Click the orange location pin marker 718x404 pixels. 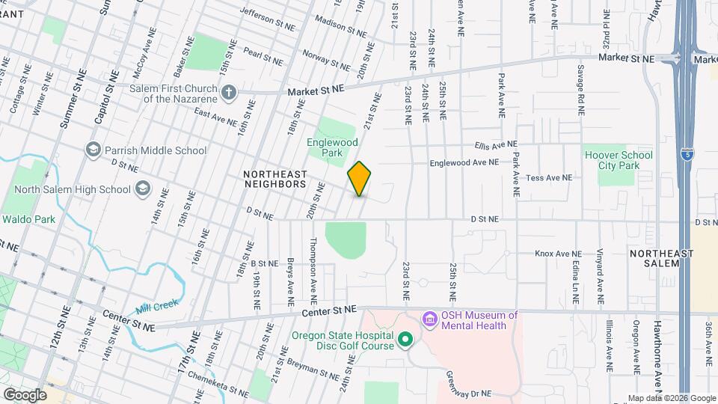tap(360, 179)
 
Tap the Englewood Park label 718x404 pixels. tap(333, 147)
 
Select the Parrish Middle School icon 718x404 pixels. tap(93, 150)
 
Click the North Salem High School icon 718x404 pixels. tap(142, 189)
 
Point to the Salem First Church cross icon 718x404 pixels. tap(230, 94)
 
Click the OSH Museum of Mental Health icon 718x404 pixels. tap(430, 320)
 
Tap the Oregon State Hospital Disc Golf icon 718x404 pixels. tap(405, 340)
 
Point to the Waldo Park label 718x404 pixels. tap(29, 219)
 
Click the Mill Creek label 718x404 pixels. tap(156, 307)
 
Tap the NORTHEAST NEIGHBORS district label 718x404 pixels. tap(275, 178)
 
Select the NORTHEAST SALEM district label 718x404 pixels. tap(662, 259)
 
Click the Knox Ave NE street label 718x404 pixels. tap(558, 254)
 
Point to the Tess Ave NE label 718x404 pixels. tap(549, 178)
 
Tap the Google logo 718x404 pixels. tap(25, 394)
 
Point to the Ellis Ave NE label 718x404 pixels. tap(494, 144)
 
